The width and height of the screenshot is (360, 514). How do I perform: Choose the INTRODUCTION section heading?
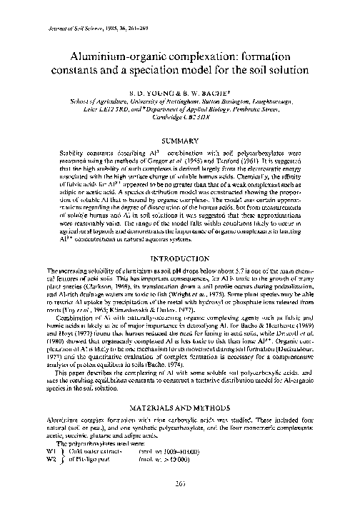tap(179, 259)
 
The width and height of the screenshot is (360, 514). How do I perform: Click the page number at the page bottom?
tap(179, 500)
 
